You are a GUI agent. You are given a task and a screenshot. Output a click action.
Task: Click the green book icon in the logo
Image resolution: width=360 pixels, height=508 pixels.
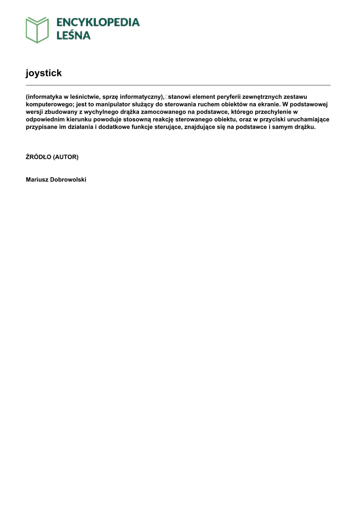coord(37,30)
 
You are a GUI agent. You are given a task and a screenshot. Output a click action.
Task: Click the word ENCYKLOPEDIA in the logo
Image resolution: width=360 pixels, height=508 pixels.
coord(98,22)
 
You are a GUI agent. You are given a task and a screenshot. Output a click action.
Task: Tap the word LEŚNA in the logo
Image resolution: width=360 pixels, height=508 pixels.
coord(73,36)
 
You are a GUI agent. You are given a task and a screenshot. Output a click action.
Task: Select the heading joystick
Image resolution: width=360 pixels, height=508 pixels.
coord(44,73)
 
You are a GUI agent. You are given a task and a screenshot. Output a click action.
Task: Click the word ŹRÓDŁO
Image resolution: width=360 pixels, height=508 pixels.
coord(38,157)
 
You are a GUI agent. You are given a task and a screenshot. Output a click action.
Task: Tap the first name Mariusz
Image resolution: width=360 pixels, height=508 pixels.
coord(37,180)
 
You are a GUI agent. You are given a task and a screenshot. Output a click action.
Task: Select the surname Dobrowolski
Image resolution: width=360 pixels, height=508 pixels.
coord(68,180)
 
